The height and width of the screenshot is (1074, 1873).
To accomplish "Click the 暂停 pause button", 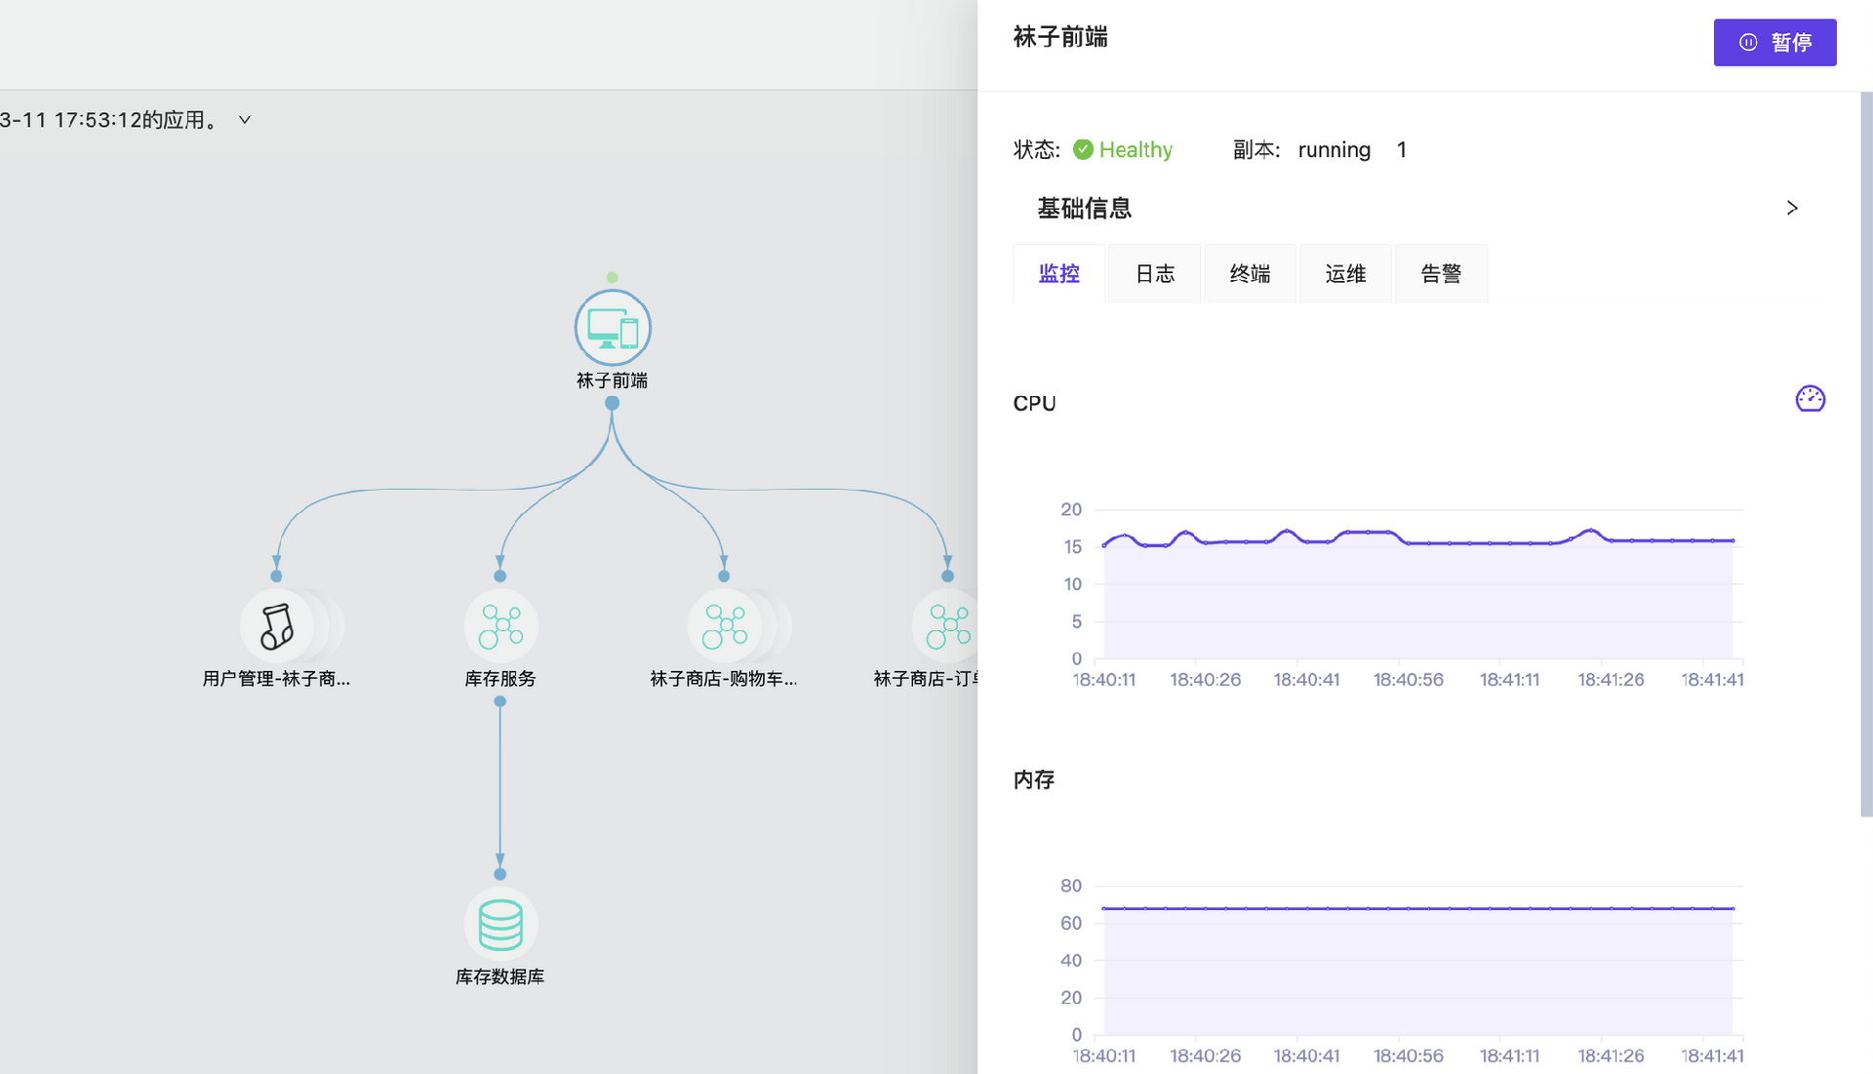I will click(1774, 43).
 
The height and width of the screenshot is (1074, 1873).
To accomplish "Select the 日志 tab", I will click(1155, 274).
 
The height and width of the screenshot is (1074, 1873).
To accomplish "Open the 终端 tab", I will click(1250, 274).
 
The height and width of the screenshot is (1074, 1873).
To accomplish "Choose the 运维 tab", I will click(1345, 274).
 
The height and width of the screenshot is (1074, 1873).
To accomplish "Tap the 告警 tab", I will click(1441, 274).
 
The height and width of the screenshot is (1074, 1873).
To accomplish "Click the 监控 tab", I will click(1058, 274).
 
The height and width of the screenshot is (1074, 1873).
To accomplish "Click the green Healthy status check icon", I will click(1083, 149).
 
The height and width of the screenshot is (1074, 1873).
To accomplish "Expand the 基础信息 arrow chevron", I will click(1791, 208).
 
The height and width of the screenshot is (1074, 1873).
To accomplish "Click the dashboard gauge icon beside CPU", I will click(1810, 398).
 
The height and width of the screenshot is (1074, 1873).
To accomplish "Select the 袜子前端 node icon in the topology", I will click(613, 328).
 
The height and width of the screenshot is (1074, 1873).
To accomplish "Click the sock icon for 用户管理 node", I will click(277, 625).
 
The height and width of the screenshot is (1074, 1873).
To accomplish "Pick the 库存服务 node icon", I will click(500, 625).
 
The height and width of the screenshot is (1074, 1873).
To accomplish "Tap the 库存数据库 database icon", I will click(500, 924).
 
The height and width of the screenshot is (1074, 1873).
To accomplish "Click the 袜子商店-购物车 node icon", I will click(725, 625).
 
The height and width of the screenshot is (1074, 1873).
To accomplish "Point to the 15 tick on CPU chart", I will click(1072, 547).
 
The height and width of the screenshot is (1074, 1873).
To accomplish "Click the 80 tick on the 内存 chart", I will click(1071, 886).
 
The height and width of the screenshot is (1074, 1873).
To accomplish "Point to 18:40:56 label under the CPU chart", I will click(1408, 680).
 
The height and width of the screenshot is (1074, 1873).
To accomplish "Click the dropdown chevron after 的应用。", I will click(245, 120).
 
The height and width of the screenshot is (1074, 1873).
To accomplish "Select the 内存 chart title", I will click(1034, 779).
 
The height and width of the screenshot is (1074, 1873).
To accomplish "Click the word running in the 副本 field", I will click(1334, 149).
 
